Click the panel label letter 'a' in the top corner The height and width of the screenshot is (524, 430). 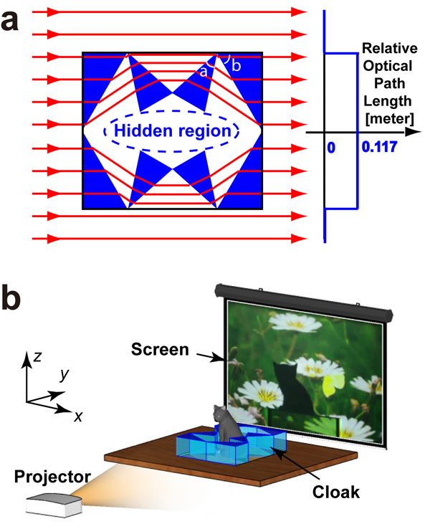pyautogui.click(x=14, y=21)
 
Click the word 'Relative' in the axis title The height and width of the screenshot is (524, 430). pyautogui.click(x=390, y=49)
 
